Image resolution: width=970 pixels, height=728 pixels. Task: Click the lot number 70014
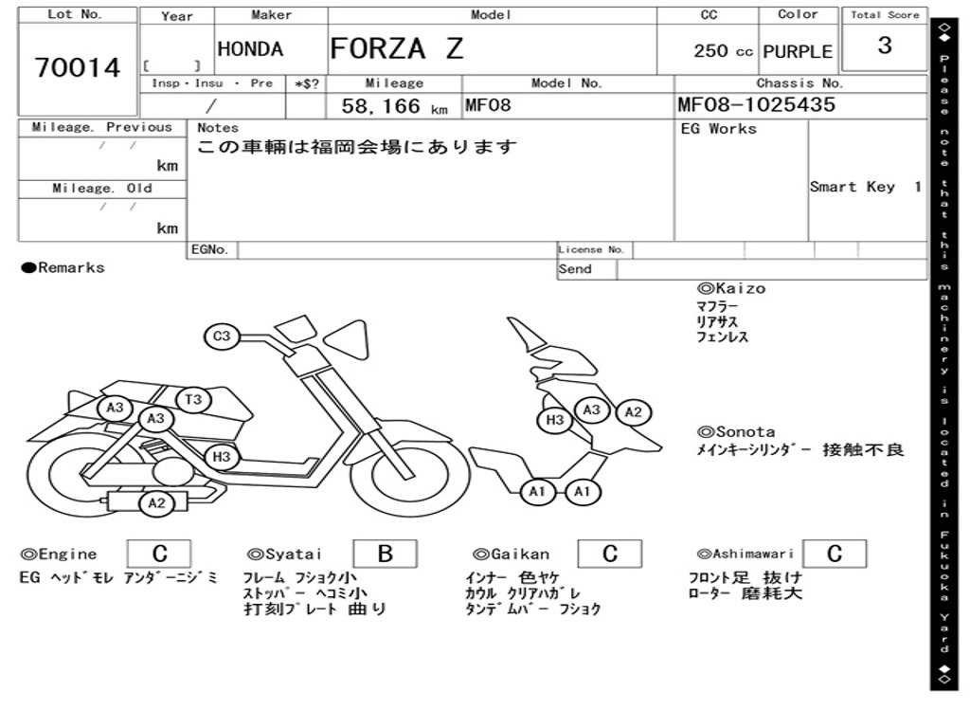pyautogui.click(x=78, y=68)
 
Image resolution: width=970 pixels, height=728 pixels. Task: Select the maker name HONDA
pyautogui.click(x=250, y=49)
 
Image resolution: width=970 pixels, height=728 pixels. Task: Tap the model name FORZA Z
pyautogui.click(x=397, y=47)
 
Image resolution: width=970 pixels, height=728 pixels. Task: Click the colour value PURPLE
pyautogui.click(x=798, y=52)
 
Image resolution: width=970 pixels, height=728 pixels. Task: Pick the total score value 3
pyautogui.click(x=885, y=45)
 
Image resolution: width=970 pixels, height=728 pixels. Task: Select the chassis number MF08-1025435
pyautogui.click(x=756, y=105)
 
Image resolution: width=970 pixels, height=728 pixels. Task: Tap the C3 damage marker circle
pyautogui.click(x=222, y=337)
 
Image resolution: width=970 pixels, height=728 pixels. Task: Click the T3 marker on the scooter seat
pyautogui.click(x=193, y=400)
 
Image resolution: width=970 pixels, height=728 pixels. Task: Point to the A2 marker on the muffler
pyautogui.click(x=157, y=503)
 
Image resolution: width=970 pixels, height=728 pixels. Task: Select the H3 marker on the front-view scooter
pyautogui.click(x=555, y=420)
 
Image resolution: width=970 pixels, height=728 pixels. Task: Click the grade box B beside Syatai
pyautogui.click(x=385, y=554)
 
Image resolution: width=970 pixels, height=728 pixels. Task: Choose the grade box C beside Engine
pyautogui.click(x=159, y=554)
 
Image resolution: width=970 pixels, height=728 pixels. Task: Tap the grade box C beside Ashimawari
pyautogui.click(x=834, y=554)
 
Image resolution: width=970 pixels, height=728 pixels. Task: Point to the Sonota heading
pyautogui.click(x=735, y=431)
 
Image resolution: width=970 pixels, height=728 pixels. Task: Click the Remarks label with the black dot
pyautogui.click(x=63, y=268)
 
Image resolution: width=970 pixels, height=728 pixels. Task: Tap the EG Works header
pyautogui.click(x=719, y=128)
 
